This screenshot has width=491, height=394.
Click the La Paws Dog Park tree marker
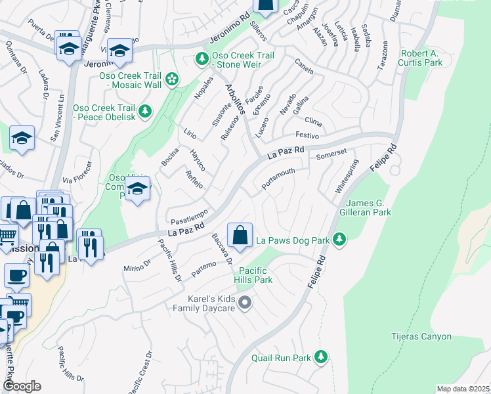(x=339, y=240)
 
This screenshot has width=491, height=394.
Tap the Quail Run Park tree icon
(x=320, y=358)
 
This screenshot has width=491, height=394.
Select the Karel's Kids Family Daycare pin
(x=245, y=303)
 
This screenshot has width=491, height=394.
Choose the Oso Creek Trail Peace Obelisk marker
(x=144, y=111)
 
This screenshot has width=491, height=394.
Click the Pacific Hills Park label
(x=255, y=275)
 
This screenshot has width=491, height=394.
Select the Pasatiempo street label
(x=189, y=214)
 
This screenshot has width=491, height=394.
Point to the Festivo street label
(x=307, y=135)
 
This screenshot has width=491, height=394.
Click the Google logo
(x=22, y=386)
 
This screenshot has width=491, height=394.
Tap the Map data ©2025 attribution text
(x=463, y=389)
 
